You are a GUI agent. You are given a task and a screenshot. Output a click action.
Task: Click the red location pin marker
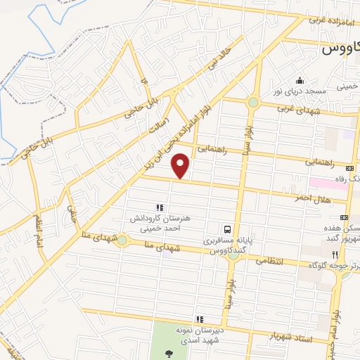181,166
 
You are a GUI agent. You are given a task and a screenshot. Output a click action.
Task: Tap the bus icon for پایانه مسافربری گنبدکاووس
227,229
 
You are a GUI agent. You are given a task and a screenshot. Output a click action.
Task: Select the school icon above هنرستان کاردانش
160,208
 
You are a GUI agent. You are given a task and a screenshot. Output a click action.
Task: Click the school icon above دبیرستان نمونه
200,319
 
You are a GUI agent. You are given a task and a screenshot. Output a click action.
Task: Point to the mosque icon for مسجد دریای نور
300,80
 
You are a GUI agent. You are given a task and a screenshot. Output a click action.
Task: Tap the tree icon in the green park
168,352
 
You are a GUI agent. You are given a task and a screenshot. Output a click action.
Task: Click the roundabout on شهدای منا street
122,240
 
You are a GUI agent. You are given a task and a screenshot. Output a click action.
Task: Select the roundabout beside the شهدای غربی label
252,103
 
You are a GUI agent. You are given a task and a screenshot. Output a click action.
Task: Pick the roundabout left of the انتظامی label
233,256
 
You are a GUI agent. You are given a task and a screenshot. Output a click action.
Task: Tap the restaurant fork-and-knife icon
335,255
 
